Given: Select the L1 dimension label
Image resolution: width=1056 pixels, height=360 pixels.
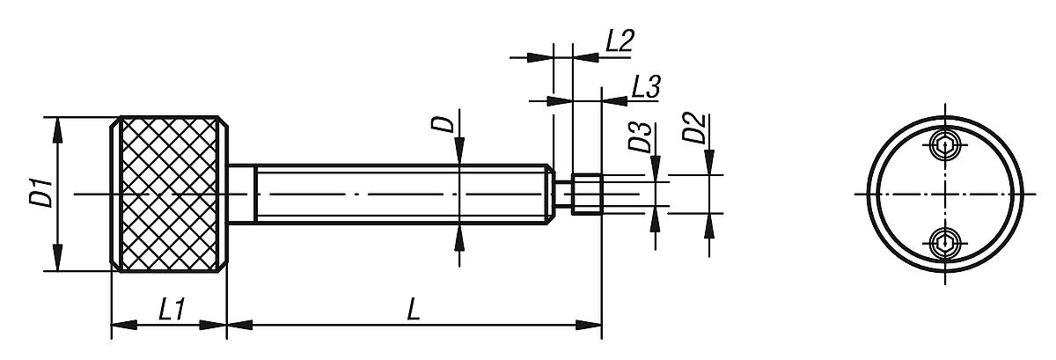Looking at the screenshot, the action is click(x=172, y=310).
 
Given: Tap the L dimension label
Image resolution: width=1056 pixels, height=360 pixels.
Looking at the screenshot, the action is click(x=414, y=310).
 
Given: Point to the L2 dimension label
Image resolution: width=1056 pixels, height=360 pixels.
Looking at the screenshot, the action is click(x=620, y=40).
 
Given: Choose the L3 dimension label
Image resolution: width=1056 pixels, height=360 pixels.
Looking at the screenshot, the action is click(x=646, y=87).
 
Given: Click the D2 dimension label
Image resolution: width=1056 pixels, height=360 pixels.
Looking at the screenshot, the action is click(x=695, y=129).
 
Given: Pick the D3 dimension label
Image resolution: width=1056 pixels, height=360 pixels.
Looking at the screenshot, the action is click(x=640, y=137).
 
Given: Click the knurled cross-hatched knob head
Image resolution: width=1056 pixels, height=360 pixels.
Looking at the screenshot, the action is click(x=169, y=194).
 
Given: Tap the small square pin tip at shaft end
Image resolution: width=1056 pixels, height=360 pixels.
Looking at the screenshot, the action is click(x=586, y=195).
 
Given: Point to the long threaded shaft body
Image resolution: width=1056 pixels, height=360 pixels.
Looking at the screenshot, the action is click(x=400, y=194).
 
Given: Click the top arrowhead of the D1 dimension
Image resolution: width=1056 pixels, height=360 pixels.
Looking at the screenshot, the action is click(x=57, y=130).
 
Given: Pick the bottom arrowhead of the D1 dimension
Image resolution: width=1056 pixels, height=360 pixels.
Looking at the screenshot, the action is click(x=57, y=258).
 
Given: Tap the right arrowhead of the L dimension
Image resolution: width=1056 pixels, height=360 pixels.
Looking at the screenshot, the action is click(x=589, y=325).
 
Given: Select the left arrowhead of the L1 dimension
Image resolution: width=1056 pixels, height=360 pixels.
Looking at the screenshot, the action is click(x=124, y=325).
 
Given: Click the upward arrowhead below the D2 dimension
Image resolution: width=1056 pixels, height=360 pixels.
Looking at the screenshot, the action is click(x=709, y=227).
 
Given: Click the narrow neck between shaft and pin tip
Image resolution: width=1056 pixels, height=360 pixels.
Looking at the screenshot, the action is click(x=563, y=195).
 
